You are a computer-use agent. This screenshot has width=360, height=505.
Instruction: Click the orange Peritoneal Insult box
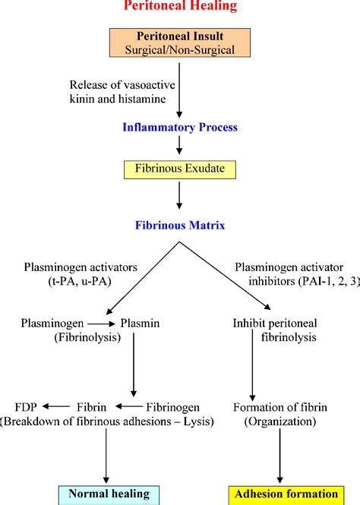(180, 43)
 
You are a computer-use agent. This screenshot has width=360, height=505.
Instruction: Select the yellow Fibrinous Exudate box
(180, 169)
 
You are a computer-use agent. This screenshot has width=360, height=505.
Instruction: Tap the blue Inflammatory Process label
(180, 128)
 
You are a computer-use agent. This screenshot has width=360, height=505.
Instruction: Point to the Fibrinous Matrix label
(180, 225)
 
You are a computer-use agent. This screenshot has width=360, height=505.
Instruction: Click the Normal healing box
(109, 495)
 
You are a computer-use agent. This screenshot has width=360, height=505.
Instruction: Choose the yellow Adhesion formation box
(286, 495)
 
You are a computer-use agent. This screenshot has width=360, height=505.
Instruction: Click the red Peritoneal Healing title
(180, 6)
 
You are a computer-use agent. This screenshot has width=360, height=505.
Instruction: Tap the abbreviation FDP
(26, 407)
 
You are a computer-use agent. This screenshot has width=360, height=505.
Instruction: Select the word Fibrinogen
(172, 407)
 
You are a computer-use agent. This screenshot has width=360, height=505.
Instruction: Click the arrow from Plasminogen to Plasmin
(101, 324)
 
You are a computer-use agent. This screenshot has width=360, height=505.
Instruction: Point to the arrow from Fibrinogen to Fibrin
(129, 407)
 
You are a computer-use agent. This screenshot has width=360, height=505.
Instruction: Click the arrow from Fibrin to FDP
(56, 407)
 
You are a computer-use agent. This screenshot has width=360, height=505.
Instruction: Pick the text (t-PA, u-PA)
(80, 282)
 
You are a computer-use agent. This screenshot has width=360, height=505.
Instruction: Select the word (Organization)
(280, 421)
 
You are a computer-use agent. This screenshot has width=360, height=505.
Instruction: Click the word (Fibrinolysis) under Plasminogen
(87, 337)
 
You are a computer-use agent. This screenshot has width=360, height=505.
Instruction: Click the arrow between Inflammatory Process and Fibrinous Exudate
(179, 145)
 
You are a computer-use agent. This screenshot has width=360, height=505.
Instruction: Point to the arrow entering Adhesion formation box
(279, 456)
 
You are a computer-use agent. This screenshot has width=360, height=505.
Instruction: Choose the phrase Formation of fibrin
(280, 407)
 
